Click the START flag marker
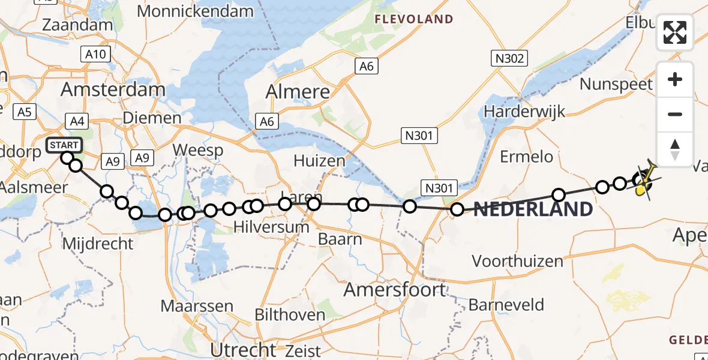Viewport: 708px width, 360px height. [x=64, y=145]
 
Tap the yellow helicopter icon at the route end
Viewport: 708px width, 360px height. [x=644, y=182]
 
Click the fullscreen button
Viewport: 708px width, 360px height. [x=675, y=32]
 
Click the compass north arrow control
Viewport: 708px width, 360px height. [x=675, y=149]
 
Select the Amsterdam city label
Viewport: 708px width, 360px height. [x=113, y=90]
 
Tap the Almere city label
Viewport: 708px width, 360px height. [x=298, y=92]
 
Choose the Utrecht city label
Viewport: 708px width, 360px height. [x=243, y=349]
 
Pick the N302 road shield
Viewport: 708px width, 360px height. [x=510, y=58]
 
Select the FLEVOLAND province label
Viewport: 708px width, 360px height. [x=414, y=19]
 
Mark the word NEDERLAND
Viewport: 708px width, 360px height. [x=533, y=209]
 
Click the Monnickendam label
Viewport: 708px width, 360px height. [x=195, y=11]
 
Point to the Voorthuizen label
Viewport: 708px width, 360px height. [x=517, y=261]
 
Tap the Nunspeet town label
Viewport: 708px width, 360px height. [x=616, y=84]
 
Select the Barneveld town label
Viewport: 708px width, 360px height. [x=506, y=305]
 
